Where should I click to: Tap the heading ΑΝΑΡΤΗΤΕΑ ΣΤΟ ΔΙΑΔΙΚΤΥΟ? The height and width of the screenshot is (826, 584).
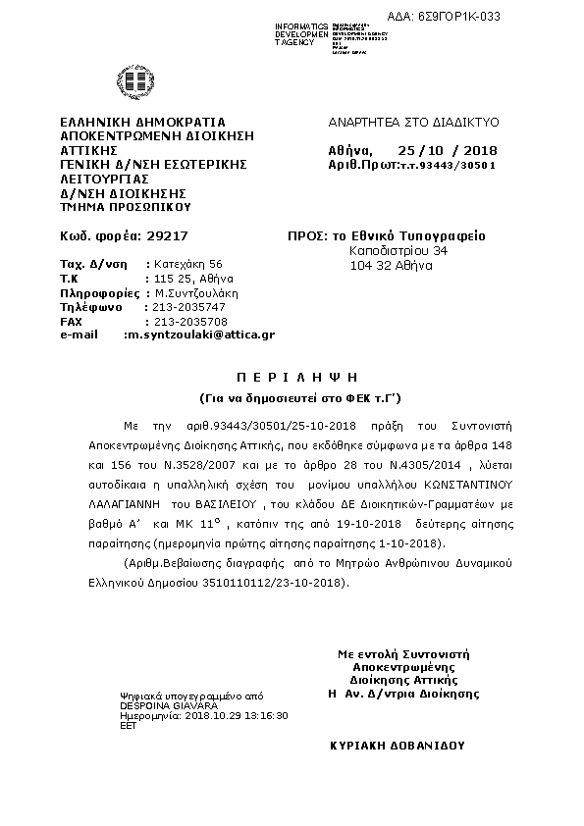[x=413, y=122]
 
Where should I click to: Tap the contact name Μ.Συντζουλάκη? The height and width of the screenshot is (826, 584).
[x=196, y=292]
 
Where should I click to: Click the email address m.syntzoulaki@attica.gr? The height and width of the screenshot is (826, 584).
[x=199, y=335]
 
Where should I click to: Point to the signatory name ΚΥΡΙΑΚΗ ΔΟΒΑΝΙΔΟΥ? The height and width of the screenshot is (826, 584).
[x=398, y=746]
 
